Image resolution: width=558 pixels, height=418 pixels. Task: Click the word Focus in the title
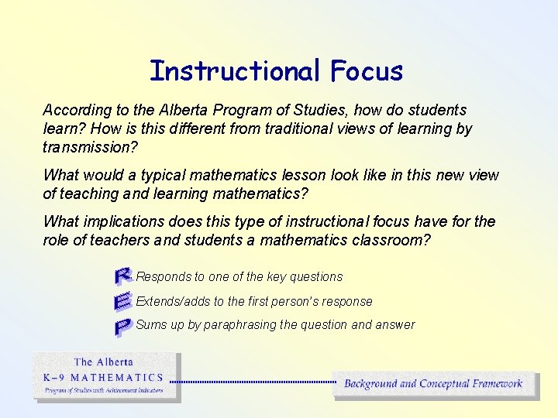tap(366, 70)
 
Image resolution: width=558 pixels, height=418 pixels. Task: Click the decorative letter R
tap(122, 275)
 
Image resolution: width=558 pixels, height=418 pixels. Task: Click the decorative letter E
tap(122, 301)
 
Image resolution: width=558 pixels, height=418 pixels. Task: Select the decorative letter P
tap(122, 327)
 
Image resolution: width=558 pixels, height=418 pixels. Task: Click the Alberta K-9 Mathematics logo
tap(106, 376)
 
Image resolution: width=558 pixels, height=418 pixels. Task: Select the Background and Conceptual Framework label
tap(433, 383)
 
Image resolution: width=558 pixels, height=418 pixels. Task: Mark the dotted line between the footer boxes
tap(252, 382)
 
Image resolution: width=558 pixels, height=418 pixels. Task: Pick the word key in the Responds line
tap(276, 276)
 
